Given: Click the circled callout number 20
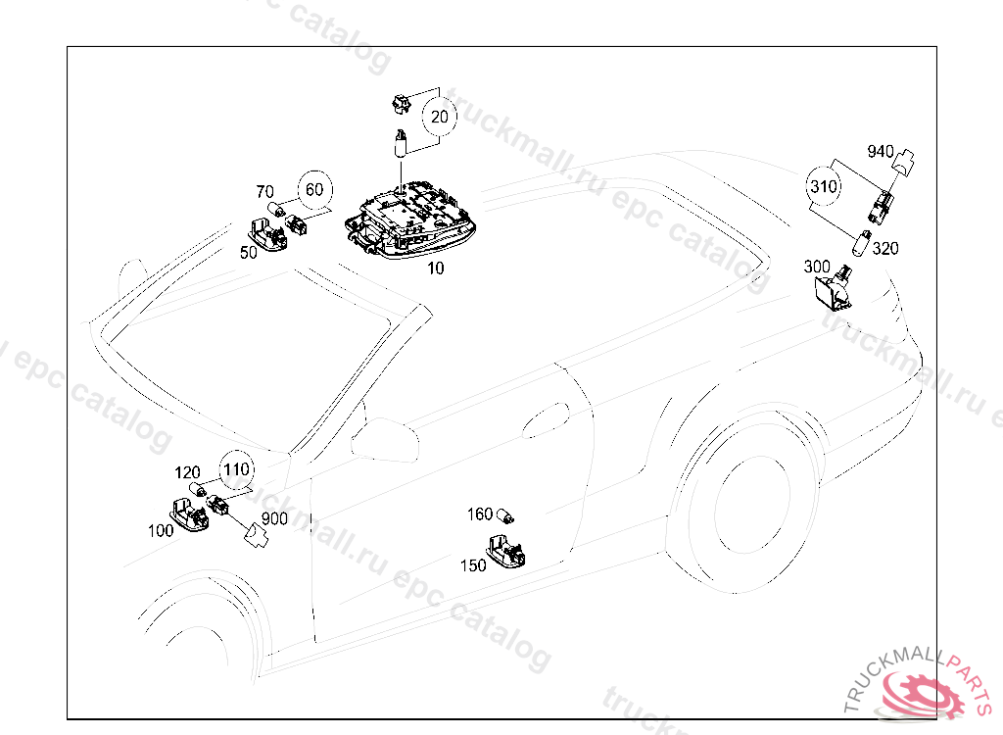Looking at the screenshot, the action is tap(440, 117).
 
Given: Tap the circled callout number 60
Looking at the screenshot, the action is tap(313, 190).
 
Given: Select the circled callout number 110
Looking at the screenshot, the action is tap(236, 469).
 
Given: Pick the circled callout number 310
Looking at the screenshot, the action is tap(825, 184).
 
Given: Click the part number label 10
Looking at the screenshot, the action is tap(435, 268).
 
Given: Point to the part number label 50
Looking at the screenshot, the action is tap(248, 252).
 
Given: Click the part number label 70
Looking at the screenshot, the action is tap(264, 191).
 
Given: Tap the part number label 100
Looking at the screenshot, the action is tap(161, 530).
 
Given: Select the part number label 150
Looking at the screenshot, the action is tap(473, 565).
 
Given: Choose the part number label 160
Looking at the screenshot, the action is tap(480, 514).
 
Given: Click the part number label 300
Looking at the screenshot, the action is tap(817, 267).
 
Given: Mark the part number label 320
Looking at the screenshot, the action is tap(884, 248).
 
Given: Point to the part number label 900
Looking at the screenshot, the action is tap(274, 518).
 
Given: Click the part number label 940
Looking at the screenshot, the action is tap(881, 151).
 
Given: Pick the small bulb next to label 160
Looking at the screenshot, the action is tap(506, 515).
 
